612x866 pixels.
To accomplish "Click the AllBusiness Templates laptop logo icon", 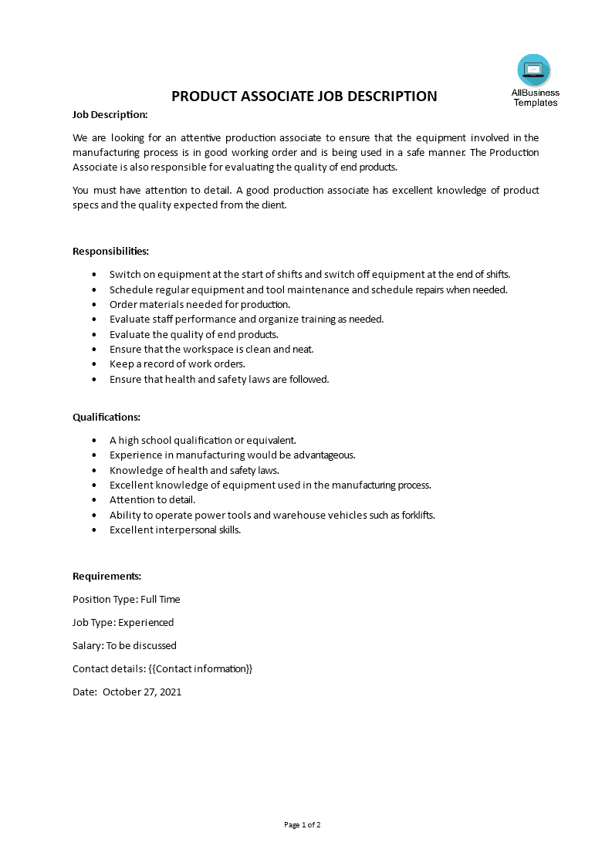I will coord(534,71).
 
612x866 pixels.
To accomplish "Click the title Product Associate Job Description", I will coord(304,96).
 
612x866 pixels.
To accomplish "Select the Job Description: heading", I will coord(110,114).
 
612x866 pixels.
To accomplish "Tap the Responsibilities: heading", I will coord(110,251).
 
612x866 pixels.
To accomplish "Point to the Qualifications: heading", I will coord(107,417).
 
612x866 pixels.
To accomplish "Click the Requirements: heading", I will coord(107,576).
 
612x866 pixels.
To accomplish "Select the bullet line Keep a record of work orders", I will coord(177,364).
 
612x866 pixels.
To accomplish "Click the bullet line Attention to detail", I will coord(152,499).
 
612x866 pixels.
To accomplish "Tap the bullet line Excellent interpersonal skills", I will coord(175,529).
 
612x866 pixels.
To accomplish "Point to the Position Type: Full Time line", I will coord(126,599).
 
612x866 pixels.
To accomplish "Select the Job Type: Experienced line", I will coord(123,622).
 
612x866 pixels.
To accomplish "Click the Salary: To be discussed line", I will coord(124,645).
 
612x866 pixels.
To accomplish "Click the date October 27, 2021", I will coord(142,692).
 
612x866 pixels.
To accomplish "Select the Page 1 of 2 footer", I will coord(303,824).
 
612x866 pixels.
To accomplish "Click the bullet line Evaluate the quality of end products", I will coord(194,334).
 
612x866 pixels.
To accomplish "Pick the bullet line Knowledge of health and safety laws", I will coord(194,470).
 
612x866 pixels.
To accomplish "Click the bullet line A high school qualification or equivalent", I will coord(202,440).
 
